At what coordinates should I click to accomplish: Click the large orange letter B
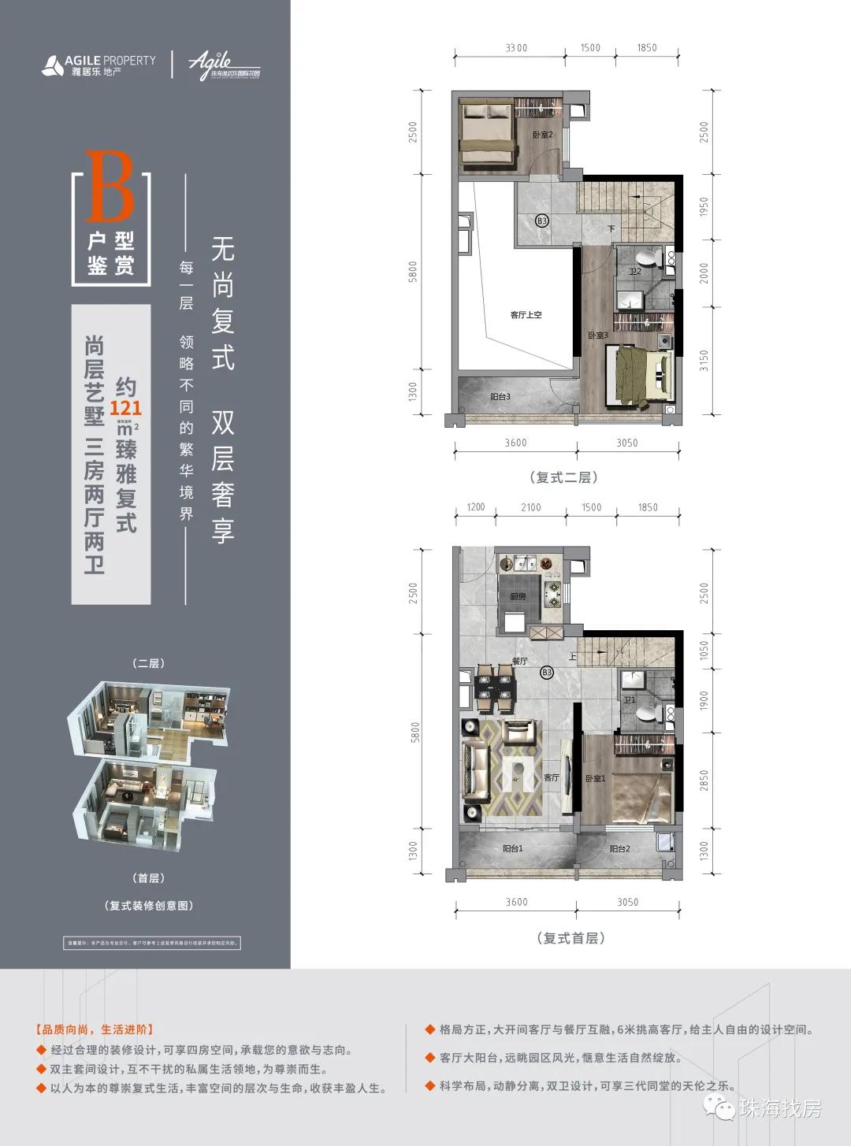coord(110,187)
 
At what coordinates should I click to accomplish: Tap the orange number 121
coord(125,408)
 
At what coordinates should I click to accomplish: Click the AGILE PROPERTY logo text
coord(110,61)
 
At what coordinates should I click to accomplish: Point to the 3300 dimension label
coord(516,48)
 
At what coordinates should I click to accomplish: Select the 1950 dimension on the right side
coord(704,207)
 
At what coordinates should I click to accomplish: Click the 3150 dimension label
coord(704,360)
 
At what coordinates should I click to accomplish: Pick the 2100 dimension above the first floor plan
coord(530,507)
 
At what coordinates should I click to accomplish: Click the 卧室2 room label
coord(543,135)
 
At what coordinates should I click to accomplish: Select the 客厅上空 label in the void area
coord(526,315)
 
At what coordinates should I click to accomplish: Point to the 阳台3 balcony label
coord(500,397)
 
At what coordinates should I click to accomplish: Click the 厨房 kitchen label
coord(517,597)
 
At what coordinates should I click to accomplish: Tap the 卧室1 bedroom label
coord(595,778)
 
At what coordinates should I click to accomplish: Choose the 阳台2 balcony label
coord(619,849)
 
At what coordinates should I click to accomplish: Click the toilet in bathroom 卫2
coord(648,260)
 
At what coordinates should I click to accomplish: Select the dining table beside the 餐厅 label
coord(495,685)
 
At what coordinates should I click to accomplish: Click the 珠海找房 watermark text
coord(779,1108)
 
